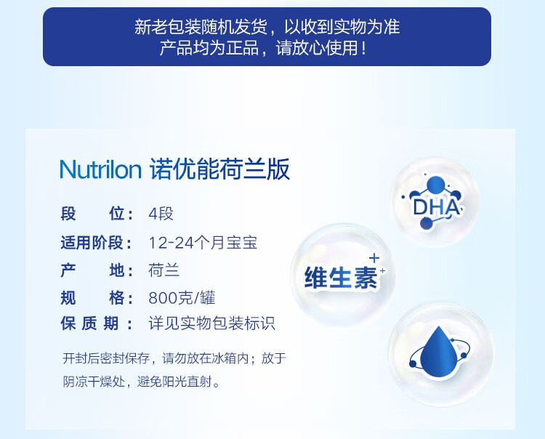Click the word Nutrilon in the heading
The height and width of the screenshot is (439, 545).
(x=100, y=169)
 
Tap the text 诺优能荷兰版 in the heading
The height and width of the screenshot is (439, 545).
(x=219, y=169)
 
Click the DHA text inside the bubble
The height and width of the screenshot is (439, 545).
(x=436, y=208)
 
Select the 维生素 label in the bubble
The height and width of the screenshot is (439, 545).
(x=341, y=278)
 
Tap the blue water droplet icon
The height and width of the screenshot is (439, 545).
(x=439, y=352)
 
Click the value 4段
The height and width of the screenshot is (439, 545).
(x=161, y=214)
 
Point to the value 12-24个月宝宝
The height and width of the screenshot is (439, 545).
(x=203, y=242)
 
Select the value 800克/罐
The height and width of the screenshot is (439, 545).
(x=182, y=298)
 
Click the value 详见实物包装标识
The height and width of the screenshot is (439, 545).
(x=212, y=323)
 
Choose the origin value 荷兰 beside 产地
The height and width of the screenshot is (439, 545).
(x=164, y=270)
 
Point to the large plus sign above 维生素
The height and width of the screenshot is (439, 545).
(x=374, y=258)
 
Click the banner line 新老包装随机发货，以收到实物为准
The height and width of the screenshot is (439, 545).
(x=267, y=27)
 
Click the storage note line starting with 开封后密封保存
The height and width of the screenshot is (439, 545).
(x=174, y=358)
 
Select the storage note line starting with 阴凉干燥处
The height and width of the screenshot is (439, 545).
(x=142, y=382)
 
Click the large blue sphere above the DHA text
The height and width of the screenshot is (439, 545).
(x=435, y=185)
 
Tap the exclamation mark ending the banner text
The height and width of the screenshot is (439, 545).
(x=363, y=48)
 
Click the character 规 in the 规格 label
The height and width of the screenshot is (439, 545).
(x=68, y=298)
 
